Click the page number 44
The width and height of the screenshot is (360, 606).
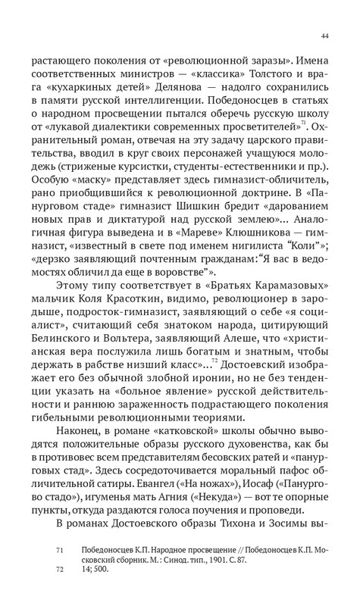(324, 35)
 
